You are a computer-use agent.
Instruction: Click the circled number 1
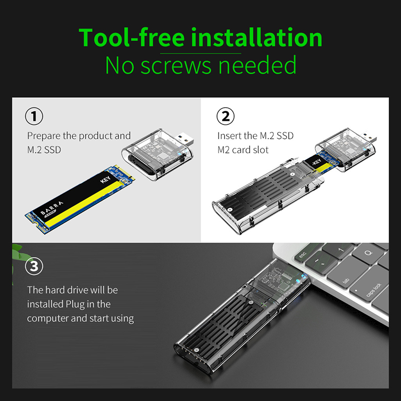coord(34,116)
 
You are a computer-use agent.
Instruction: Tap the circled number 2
coord(225,116)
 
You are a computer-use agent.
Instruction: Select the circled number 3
coord(34,266)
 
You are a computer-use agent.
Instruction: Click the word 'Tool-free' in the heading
coord(131,38)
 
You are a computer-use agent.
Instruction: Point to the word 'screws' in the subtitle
coord(176,66)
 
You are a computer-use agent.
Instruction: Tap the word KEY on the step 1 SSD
coord(105,179)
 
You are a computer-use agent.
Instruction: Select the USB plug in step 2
coord(369,137)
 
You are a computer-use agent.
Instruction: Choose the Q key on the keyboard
coord(368,254)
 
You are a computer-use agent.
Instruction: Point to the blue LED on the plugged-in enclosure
coord(304,276)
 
